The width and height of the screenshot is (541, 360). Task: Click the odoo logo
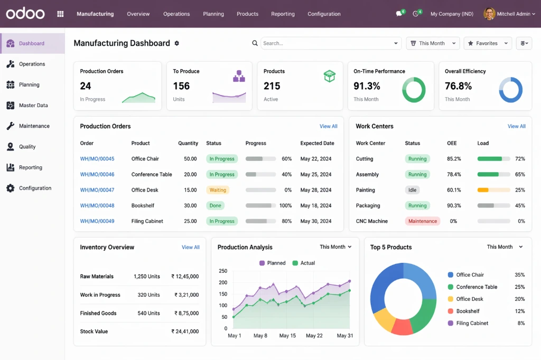pos(25,13)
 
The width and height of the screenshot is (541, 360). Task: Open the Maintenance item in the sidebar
pos(34,126)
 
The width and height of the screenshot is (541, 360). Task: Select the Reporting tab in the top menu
pos(283,14)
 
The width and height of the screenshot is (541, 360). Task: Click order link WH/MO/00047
pos(97,190)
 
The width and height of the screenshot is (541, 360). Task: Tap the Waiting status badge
pos(218,190)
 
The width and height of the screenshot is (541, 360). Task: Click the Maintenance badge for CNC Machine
pos(423,221)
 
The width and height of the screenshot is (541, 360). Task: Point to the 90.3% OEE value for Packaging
pos(454,206)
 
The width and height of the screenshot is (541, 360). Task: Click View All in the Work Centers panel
pos(516,126)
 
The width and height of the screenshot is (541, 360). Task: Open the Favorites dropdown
pos(488,43)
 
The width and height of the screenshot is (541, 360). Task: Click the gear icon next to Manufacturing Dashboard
pos(177,43)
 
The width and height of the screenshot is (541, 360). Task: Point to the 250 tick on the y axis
pos(223,271)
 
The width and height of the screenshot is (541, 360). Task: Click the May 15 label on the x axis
pos(287,336)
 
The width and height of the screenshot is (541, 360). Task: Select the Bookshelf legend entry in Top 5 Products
pos(468,311)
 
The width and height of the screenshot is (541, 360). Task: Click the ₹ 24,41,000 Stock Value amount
pos(185,331)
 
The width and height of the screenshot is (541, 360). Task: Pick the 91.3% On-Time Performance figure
pos(367,86)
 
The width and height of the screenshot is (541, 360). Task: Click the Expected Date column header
pos(317,143)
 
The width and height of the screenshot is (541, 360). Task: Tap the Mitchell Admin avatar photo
pos(489,14)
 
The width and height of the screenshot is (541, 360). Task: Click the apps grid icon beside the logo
pos(60,14)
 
